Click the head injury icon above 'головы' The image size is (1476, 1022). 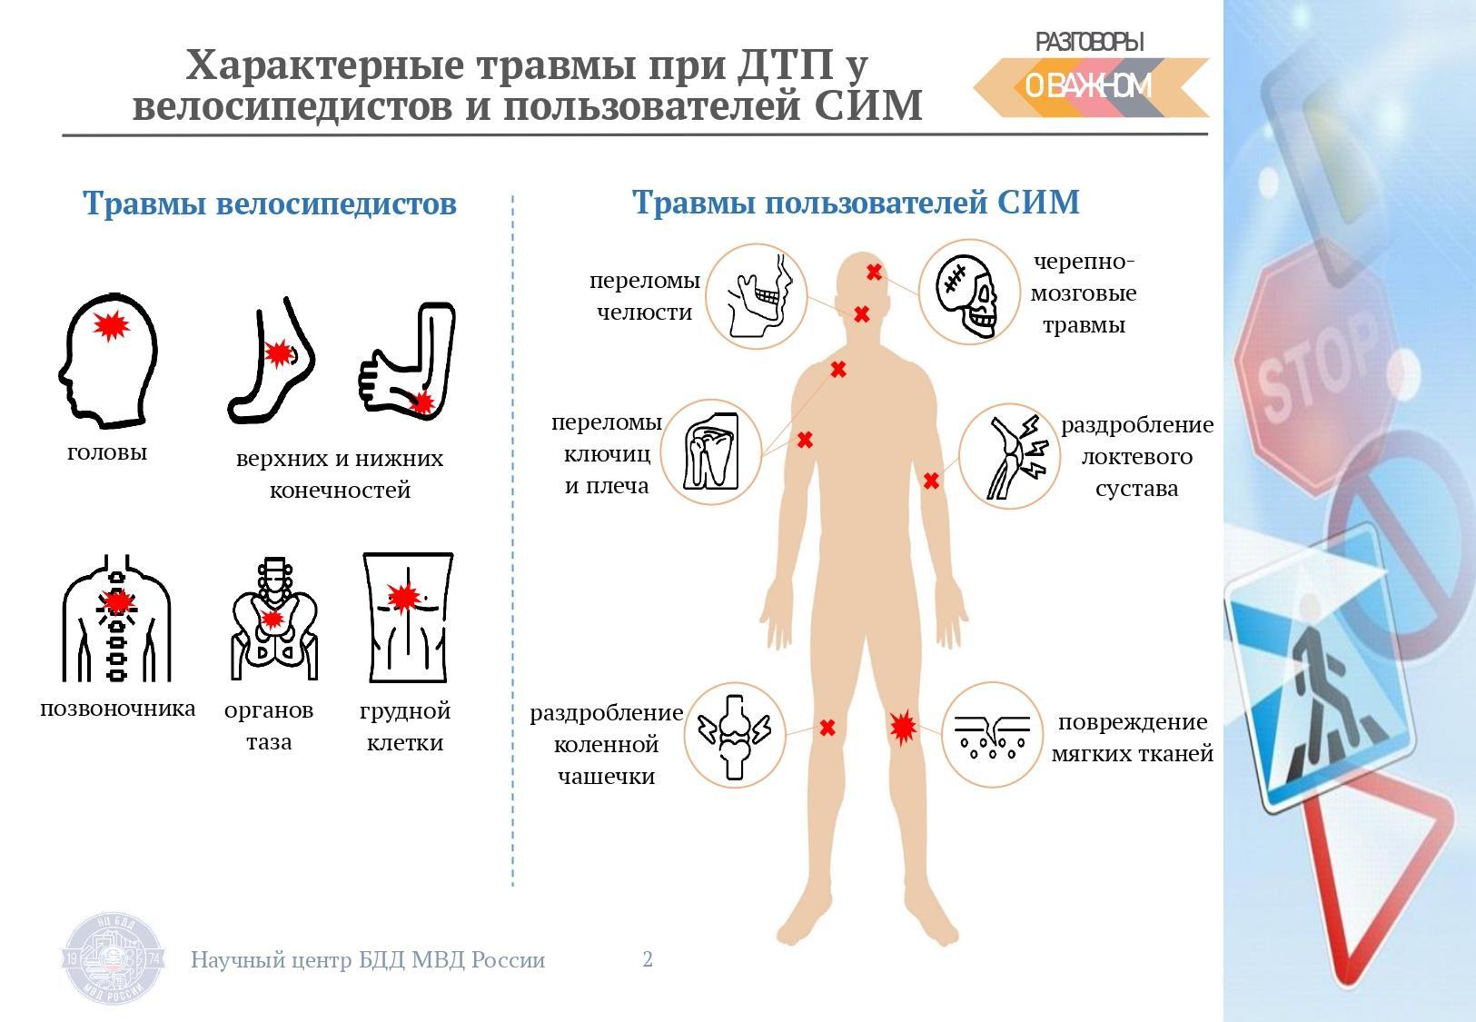point(109,360)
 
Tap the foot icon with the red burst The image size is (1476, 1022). point(270,360)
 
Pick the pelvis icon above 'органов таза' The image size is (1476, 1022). point(274,620)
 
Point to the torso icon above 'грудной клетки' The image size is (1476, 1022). point(408,618)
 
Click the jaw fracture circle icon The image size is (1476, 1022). point(757,296)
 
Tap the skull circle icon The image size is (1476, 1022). point(969,292)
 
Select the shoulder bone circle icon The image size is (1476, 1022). point(711,452)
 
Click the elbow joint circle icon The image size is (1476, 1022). point(1009,456)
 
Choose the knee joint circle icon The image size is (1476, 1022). point(735,735)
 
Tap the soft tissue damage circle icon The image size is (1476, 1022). point(993,735)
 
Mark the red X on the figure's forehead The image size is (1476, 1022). point(874,272)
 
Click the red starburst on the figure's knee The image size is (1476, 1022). point(903,728)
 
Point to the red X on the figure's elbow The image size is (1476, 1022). point(931,481)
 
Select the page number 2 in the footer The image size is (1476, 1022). point(648,959)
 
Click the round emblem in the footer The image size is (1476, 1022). point(114,959)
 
